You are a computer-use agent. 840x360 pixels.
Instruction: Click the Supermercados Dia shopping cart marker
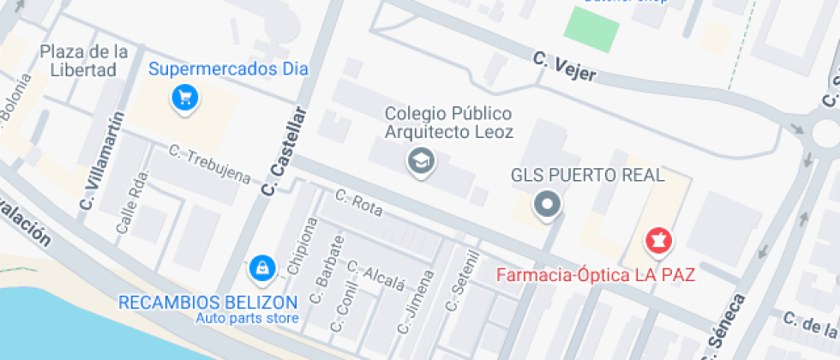(x=185, y=97)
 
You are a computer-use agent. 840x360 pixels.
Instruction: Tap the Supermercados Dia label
(x=228, y=69)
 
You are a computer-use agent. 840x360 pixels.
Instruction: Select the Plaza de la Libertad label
(x=83, y=61)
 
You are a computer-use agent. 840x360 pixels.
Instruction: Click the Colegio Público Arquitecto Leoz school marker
(x=420, y=160)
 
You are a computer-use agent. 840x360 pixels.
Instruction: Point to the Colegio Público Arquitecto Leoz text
(x=448, y=123)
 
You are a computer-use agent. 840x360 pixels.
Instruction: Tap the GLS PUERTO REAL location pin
(x=547, y=205)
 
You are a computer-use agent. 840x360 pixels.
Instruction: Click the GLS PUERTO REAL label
(x=588, y=176)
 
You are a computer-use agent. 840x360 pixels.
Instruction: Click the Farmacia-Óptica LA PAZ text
(x=596, y=276)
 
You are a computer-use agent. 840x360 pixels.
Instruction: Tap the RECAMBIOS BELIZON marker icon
(x=260, y=268)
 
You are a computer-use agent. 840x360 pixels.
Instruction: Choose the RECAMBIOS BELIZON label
(x=207, y=302)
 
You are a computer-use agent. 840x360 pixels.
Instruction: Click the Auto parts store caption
(x=248, y=319)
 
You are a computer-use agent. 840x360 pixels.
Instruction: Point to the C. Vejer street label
(x=563, y=68)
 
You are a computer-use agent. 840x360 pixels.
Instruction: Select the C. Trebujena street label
(x=209, y=165)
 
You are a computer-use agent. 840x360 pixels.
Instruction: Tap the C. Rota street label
(x=357, y=201)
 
